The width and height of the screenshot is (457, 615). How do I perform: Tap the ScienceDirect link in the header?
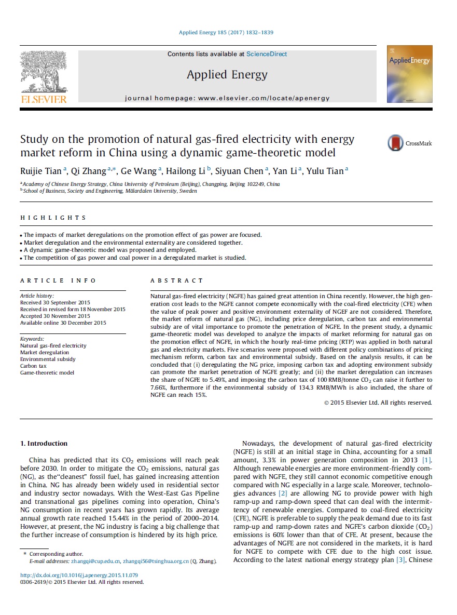[267, 54]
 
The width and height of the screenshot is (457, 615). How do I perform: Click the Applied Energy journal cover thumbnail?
[409, 74]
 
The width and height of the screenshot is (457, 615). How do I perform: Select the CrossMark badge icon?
[396, 143]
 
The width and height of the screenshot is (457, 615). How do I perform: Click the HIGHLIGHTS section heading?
[53, 218]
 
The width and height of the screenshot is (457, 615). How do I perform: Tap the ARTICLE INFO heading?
[58, 280]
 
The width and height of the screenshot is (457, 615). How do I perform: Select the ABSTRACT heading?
[176, 280]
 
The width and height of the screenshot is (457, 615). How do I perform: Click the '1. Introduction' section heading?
[44, 443]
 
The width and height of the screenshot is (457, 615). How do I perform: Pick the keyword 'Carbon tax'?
[33, 366]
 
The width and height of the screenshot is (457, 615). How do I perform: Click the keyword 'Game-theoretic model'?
[47, 372]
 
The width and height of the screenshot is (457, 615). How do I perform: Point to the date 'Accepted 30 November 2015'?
[55, 316]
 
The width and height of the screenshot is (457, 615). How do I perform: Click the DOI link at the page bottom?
[79, 575]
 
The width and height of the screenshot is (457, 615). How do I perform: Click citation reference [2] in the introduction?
[283, 493]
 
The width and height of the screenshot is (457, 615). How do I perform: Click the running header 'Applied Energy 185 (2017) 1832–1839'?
[226, 33]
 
